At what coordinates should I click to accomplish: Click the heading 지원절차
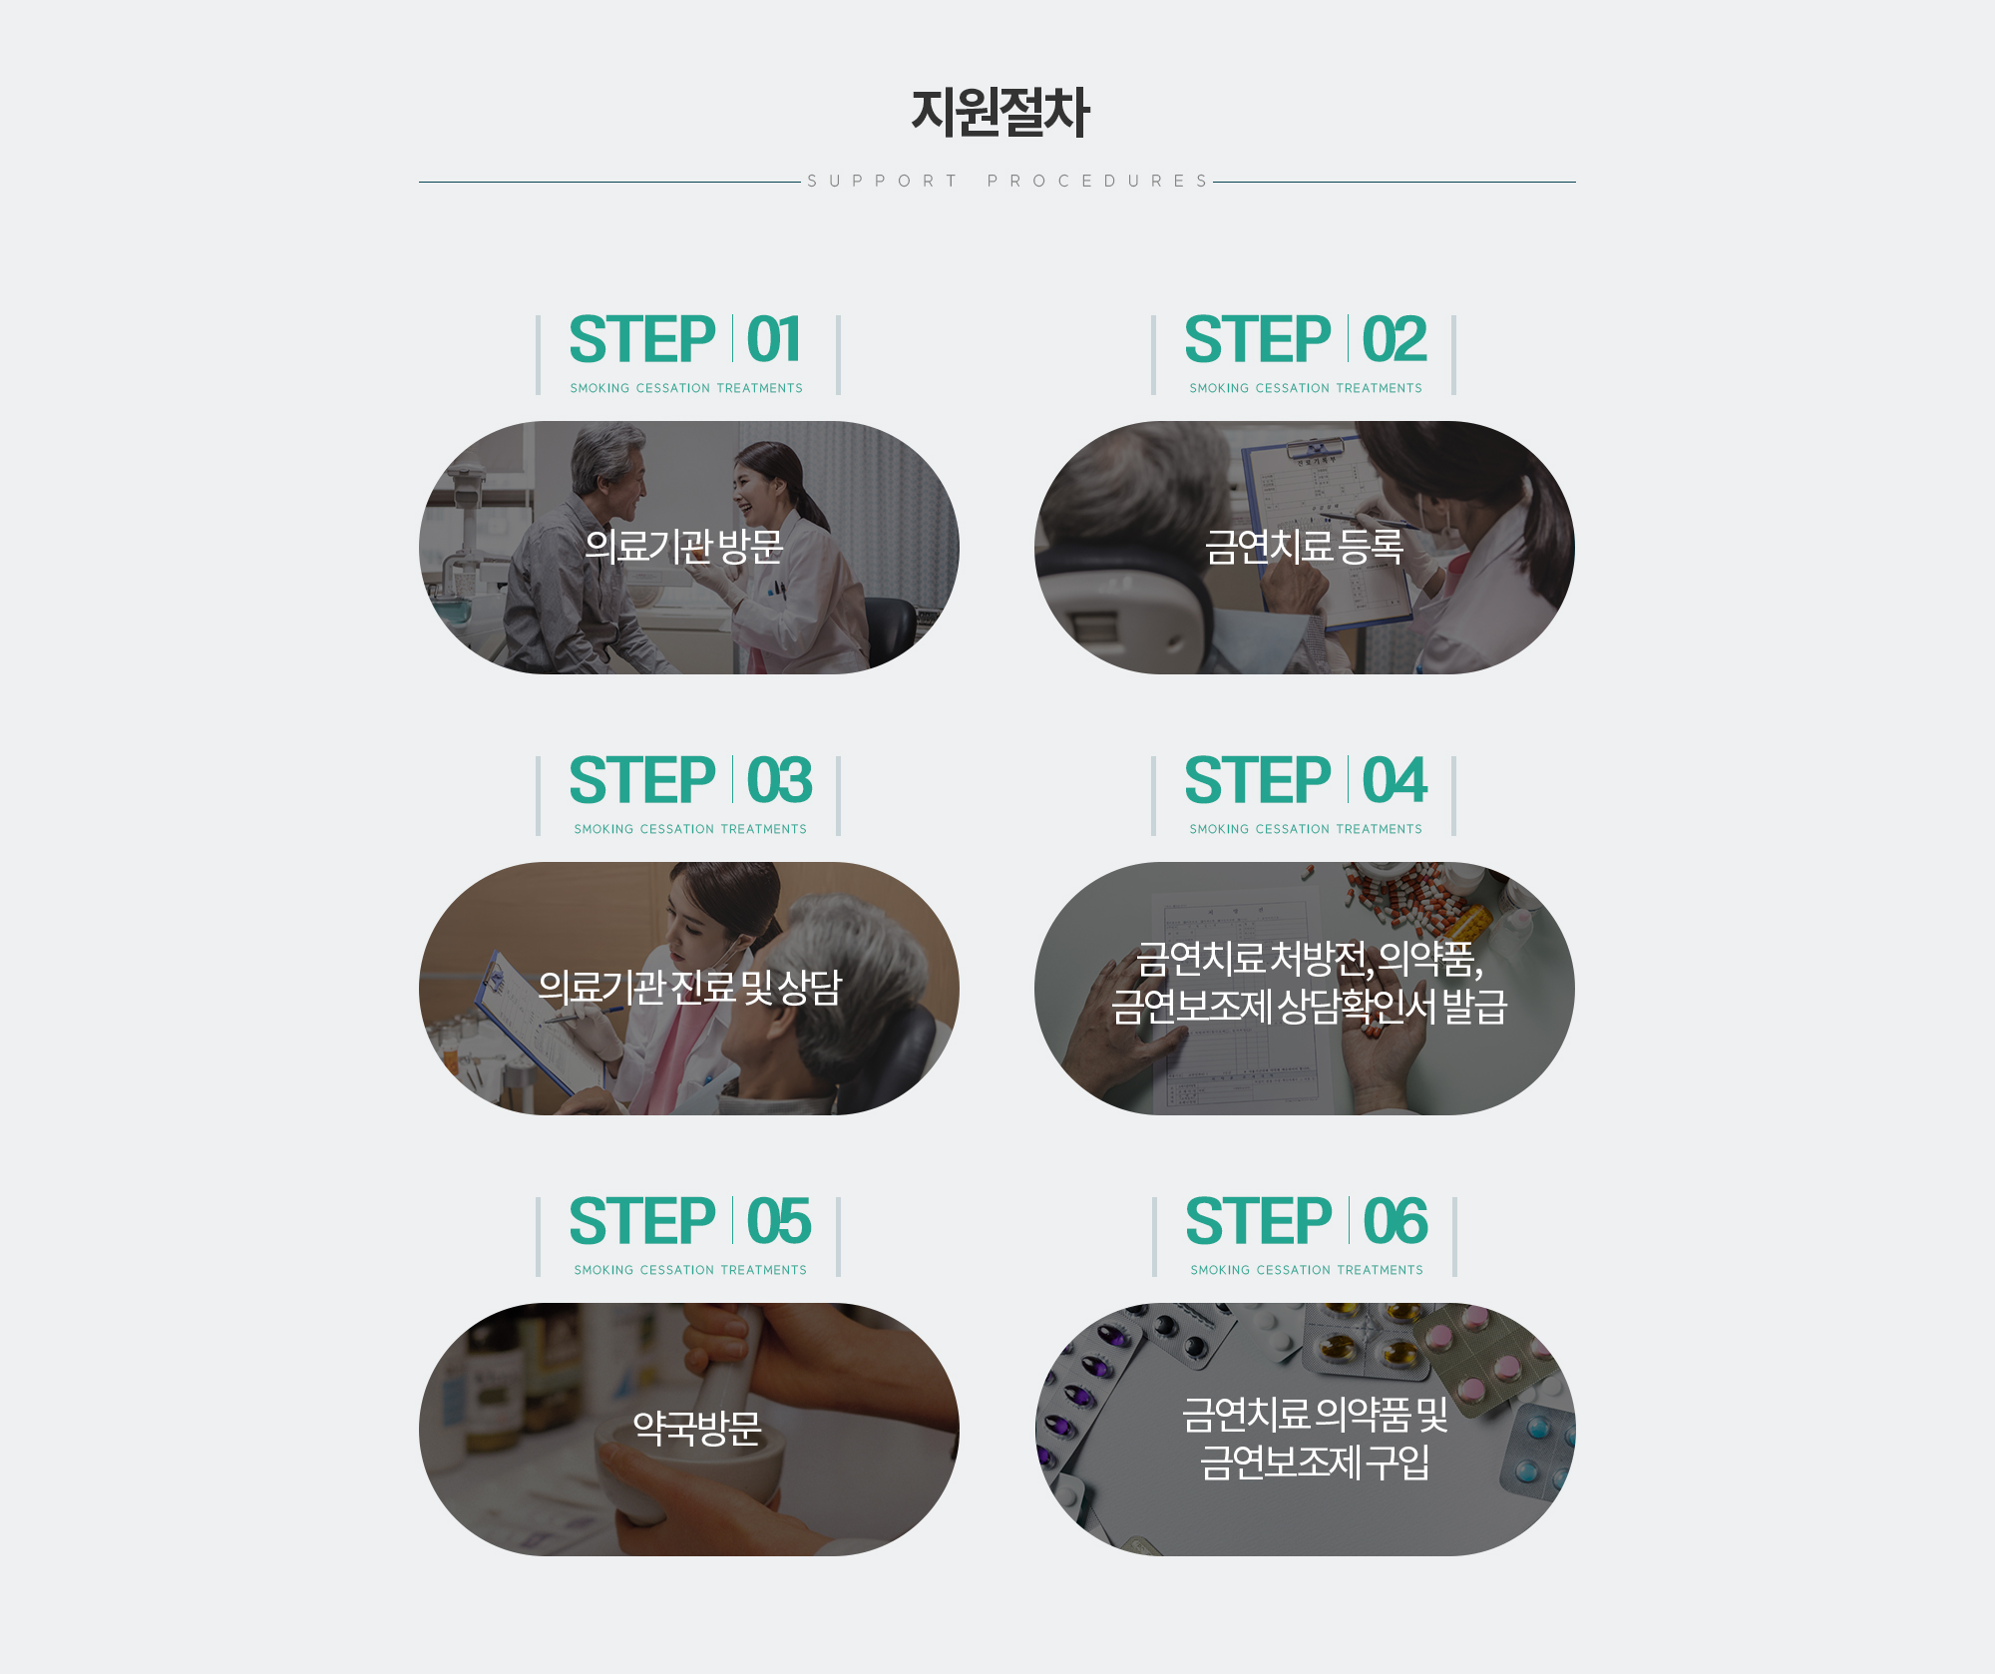[x=999, y=112]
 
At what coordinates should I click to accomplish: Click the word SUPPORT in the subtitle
[x=882, y=181]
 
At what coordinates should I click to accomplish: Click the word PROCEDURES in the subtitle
[x=1097, y=181]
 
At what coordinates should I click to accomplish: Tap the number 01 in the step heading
[x=774, y=340]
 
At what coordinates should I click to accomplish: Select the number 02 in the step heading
[x=1395, y=340]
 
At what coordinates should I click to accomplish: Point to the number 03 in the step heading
[x=779, y=781]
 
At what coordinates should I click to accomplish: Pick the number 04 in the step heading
[x=1395, y=781]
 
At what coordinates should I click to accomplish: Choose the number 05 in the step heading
[x=779, y=1222]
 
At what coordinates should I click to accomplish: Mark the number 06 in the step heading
[x=1396, y=1222]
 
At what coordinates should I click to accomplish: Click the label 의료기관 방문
[x=684, y=547]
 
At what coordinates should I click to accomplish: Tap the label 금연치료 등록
[x=1304, y=547]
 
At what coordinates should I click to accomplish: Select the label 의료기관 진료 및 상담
[x=689, y=988]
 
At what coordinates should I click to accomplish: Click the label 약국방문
[x=697, y=1429]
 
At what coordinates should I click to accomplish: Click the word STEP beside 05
[x=642, y=1222]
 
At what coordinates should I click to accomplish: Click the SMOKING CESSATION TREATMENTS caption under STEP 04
[x=1306, y=829]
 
